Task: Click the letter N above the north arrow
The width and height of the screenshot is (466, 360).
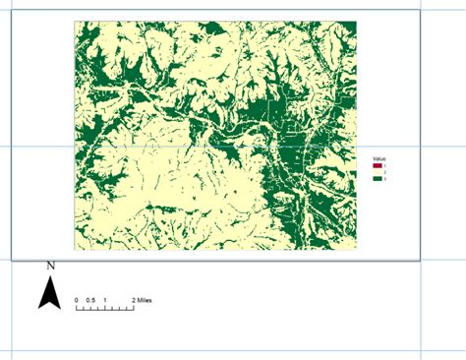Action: click(50, 266)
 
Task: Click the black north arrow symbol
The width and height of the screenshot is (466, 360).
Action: click(50, 291)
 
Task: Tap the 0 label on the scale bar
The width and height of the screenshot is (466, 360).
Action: click(76, 299)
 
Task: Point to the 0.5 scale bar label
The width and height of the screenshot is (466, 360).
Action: click(89, 299)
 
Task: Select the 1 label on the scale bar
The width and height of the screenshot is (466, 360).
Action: click(104, 299)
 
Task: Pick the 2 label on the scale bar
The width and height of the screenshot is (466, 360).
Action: click(133, 299)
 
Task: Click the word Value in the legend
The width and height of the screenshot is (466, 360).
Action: click(379, 158)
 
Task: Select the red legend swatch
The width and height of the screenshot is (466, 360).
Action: click(378, 166)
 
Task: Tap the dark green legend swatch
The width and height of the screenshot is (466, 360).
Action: click(378, 178)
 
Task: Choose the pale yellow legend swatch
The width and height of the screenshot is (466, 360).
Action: click(378, 172)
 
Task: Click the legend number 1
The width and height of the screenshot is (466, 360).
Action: click(384, 166)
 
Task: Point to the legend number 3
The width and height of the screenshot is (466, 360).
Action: click(384, 178)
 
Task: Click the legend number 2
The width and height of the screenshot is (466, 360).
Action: click(384, 172)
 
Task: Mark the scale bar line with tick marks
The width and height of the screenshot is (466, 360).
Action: click(104, 308)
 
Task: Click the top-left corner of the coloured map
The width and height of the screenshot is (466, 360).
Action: click(75, 22)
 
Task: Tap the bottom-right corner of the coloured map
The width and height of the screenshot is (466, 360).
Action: click(357, 250)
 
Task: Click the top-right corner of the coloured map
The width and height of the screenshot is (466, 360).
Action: click(357, 22)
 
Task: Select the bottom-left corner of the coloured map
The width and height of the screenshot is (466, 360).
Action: click(75, 250)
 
